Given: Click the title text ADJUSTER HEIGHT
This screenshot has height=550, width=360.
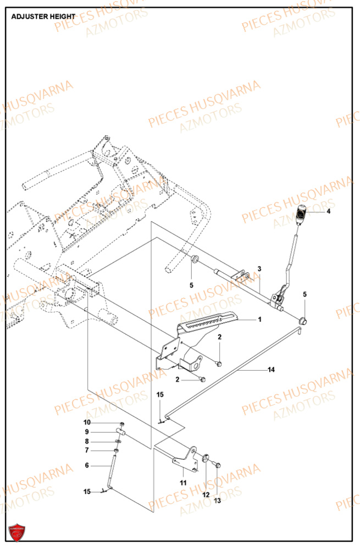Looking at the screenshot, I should (43, 16).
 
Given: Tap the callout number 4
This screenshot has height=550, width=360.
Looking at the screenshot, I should (328, 211).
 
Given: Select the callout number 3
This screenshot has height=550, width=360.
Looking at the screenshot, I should (259, 268).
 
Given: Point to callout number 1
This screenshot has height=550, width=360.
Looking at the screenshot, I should (259, 320).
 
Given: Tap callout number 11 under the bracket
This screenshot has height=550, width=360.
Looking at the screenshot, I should (183, 482).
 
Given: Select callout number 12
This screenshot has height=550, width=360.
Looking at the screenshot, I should (206, 494).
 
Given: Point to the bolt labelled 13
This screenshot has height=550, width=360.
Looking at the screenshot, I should (215, 465).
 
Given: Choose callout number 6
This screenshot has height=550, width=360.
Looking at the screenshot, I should (86, 465).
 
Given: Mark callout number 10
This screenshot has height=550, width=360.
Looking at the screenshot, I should (87, 422).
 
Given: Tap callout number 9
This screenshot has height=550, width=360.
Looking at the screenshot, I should (87, 432).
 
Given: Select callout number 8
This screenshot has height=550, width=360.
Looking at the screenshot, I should (87, 441).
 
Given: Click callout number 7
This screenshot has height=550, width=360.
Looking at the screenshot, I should (87, 450).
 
